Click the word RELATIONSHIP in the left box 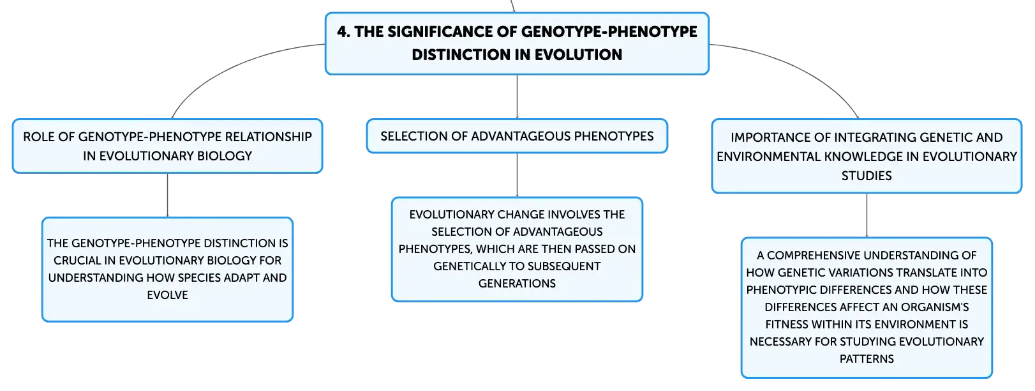(269, 137)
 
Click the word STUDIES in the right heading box (867, 176)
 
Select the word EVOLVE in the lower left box (167, 295)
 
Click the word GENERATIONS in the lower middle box (517, 284)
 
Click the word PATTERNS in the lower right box (867, 359)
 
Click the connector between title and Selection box (517, 96)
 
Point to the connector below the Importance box (867, 216)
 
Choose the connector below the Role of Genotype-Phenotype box (167, 195)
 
